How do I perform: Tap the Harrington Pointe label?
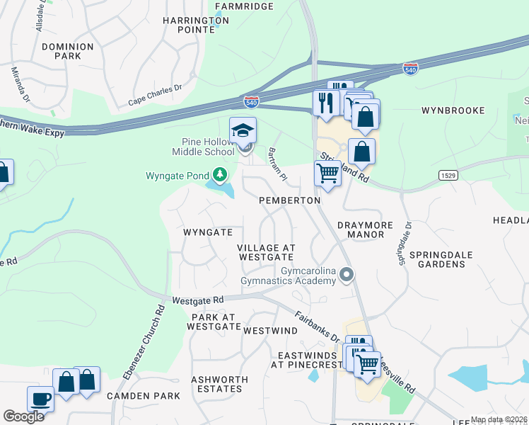pyautogui.click(x=196, y=25)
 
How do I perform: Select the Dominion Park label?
pyautogui.click(x=67, y=51)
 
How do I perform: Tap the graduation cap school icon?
pyautogui.click(x=243, y=130)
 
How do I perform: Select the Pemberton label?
pyautogui.click(x=290, y=200)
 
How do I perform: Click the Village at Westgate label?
pyautogui.click(x=266, y=252)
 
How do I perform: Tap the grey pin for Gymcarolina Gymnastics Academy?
pyautogui.click(x=346, y=273)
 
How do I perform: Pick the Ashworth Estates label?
pyautogui.click(x=219, y=384)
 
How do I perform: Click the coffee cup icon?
pyautogui.click(x=40, y=399)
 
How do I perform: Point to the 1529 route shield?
pyautogui.click(x=446, y=174)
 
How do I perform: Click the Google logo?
pyautogui.click(x=23, y=416)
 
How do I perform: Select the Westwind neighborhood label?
pyautogui.click(x=271, y=331)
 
